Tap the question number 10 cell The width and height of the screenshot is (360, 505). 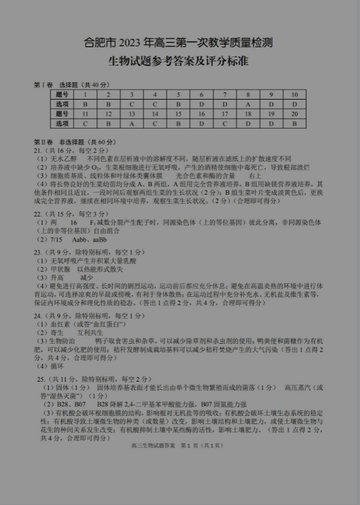click(x=294, y=94)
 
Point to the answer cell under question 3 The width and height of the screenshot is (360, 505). click(x=131, y=103)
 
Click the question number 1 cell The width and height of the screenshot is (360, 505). click(x=85, y=94)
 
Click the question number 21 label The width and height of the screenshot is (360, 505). click(x=38, y=149)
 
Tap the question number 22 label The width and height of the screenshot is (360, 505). click(x=38, y=213)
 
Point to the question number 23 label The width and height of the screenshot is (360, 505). click(x=38, y=252)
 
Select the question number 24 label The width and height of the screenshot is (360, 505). click(x=38, y=316)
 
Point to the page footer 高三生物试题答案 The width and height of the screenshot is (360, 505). click(x=153, y=445)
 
